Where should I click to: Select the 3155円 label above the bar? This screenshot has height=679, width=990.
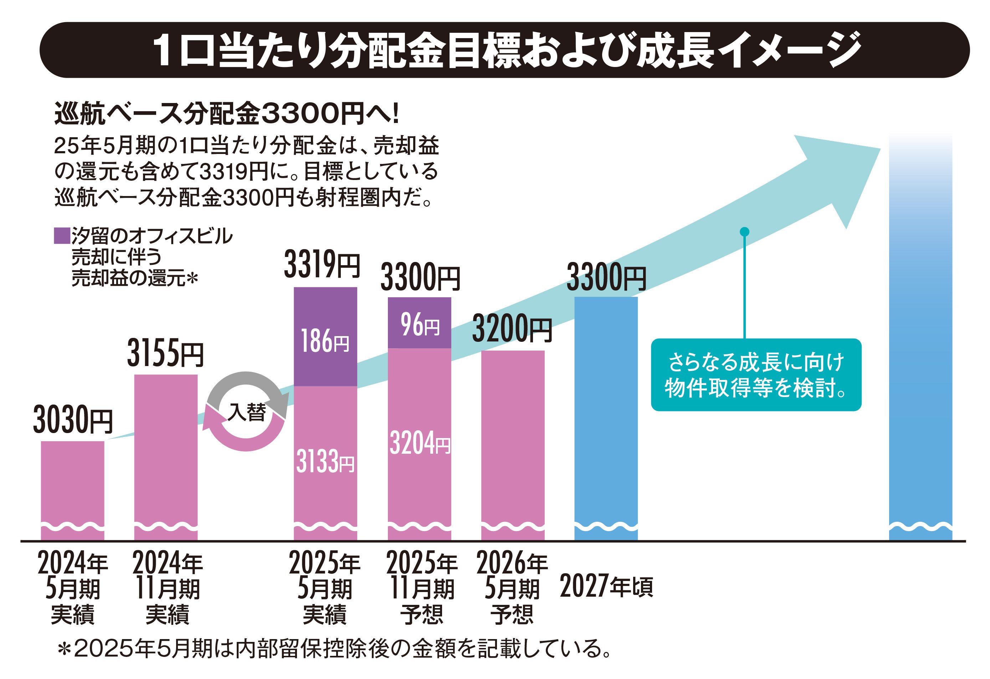click(165, 354)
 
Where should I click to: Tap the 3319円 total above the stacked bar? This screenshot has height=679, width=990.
click(322, 265)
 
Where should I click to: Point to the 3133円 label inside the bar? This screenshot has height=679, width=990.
click(325, 461)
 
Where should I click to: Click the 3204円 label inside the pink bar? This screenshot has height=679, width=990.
click(419, 443)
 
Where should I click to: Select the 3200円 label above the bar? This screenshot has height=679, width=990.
click(512, 329)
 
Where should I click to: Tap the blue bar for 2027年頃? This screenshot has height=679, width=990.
click(606, 417)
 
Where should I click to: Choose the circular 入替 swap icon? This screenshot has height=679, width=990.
click(246, 411)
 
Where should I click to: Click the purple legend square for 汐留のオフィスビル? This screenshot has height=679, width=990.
click(62, 236)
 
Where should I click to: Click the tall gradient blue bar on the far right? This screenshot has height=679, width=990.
click(920, 341)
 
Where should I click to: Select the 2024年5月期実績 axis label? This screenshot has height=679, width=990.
click(73, 587)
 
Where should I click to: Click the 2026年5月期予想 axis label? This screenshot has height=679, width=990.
click(512, 587)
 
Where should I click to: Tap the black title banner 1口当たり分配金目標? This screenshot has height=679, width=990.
click(505, 50)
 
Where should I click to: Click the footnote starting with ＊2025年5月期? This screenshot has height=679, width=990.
click(334, 649)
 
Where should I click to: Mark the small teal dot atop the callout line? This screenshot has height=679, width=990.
click(744, 232)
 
